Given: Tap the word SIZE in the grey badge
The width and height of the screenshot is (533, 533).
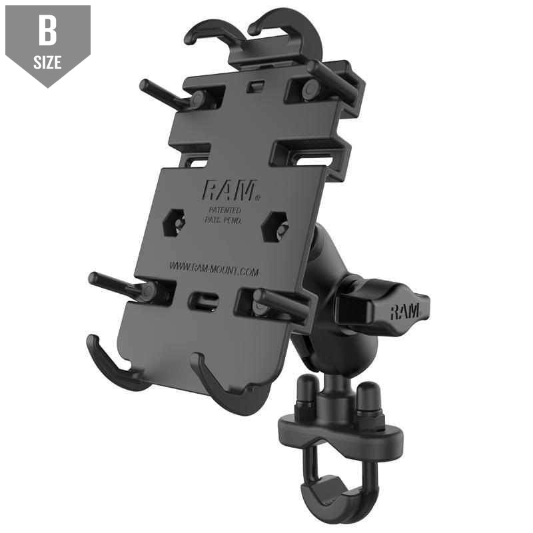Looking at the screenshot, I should coord(47,63).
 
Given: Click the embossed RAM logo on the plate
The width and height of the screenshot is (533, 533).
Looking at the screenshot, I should coord(229,192).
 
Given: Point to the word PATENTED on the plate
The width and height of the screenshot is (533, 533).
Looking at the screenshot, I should coord(223,210).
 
